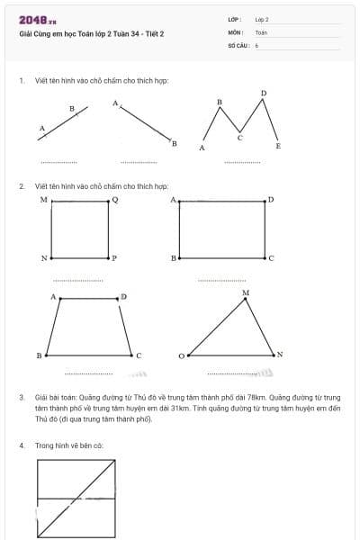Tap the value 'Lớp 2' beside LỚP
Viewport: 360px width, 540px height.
click(262, 19)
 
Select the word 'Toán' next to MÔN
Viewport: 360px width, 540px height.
click(261, 31)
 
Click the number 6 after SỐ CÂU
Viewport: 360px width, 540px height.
click(256, 44)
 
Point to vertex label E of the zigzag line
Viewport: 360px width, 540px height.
click(278, 146)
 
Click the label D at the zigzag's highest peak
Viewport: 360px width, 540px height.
click(264, 93)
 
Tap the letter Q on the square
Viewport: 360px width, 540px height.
click(114, 199)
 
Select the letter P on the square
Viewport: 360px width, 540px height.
click(114, 258)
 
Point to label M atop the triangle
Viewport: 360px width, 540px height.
click(245, 293)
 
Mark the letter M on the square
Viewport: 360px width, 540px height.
click(43, 199)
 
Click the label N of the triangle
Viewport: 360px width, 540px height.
click(280, 355)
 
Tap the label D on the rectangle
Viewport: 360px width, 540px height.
click(271, 199)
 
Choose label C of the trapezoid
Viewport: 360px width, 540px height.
click(139, 355)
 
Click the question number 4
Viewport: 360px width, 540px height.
click(22, 445)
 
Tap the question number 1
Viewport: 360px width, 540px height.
click(22, 80)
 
